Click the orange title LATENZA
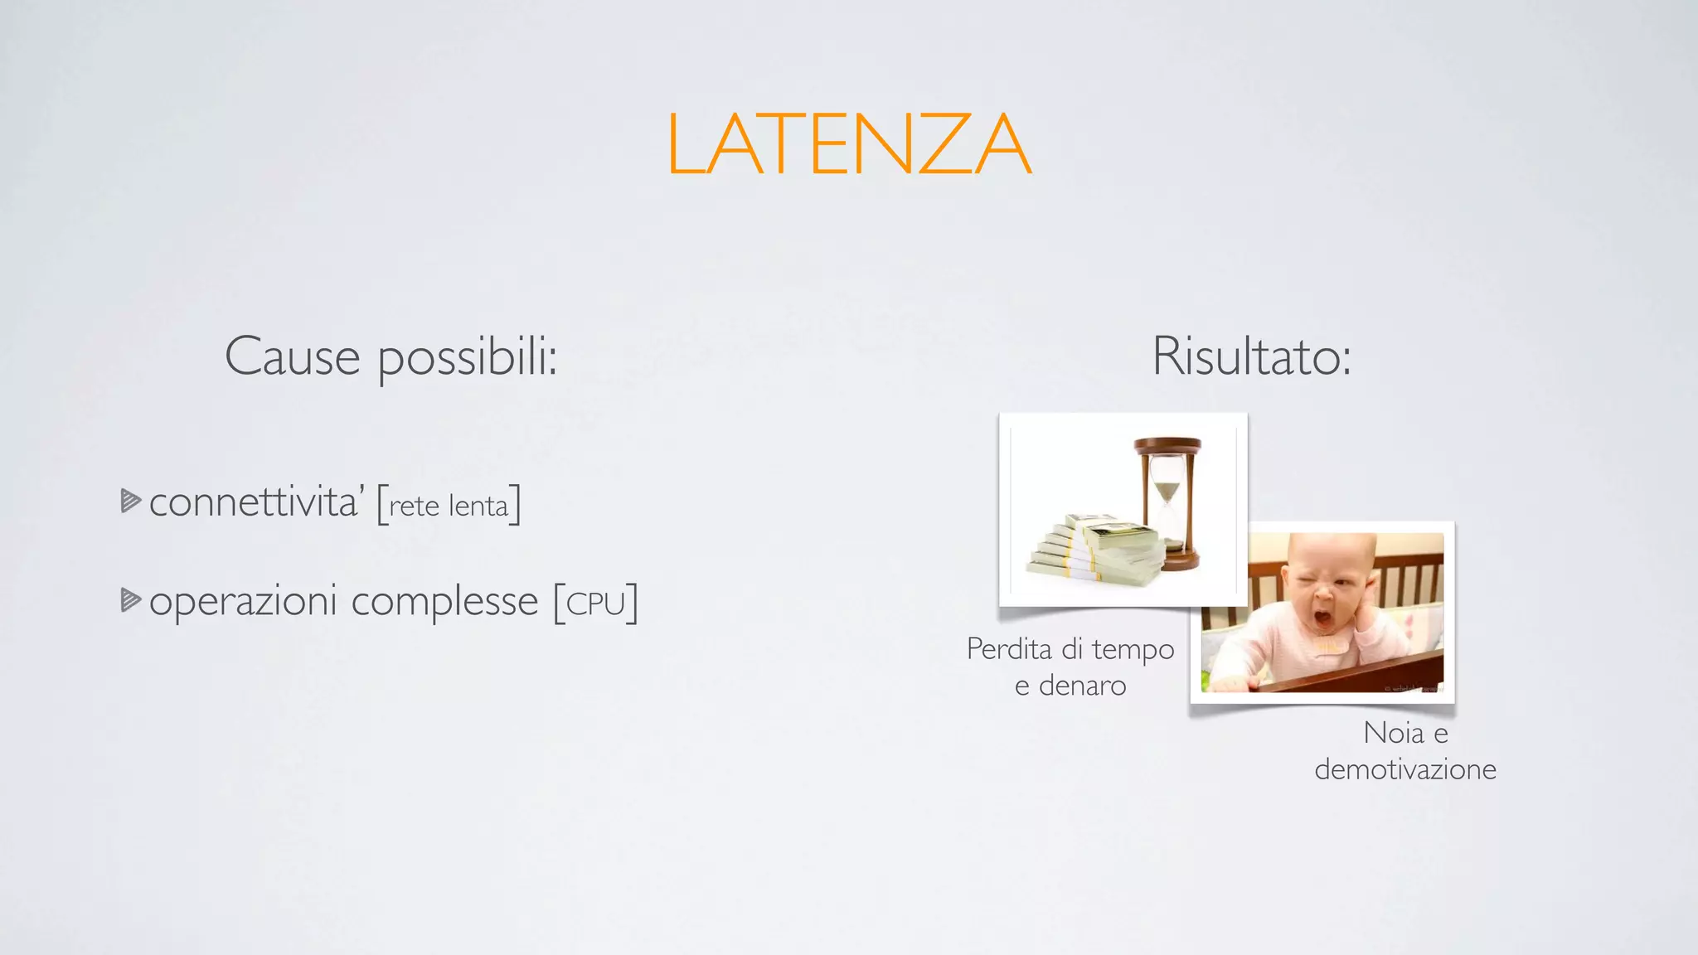[x=848, y=144]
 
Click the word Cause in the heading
[x=292, y=357]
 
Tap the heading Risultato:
[x=1251, y=357]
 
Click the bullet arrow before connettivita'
[x=130, y=501]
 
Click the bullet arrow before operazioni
[x=130, y=599]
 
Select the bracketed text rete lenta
[x=449, y=506]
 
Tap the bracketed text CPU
[x=595, y=604]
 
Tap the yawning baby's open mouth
[x=1325, y=619]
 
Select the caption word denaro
[x=1082, y=686]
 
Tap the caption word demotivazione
[x=1405, y=770]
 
